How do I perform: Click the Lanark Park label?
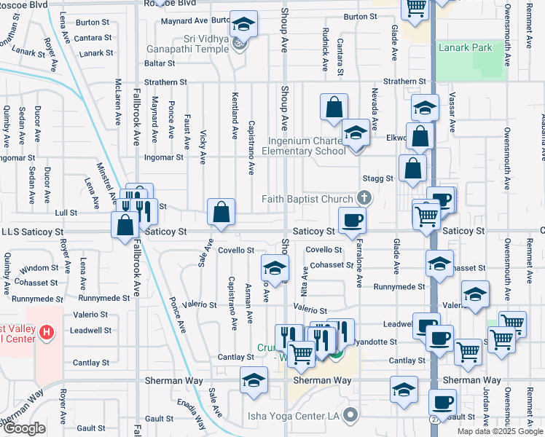click(465, 47)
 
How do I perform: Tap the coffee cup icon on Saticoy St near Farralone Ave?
click(352, 220)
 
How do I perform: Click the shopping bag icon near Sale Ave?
click(221, 213)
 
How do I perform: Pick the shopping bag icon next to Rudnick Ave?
click(333, 107)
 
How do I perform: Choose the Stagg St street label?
click(378, 178)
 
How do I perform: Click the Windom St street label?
click(39, 268)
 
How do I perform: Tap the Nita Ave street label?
click(305, 277)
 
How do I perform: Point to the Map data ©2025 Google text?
click(499, 431)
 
